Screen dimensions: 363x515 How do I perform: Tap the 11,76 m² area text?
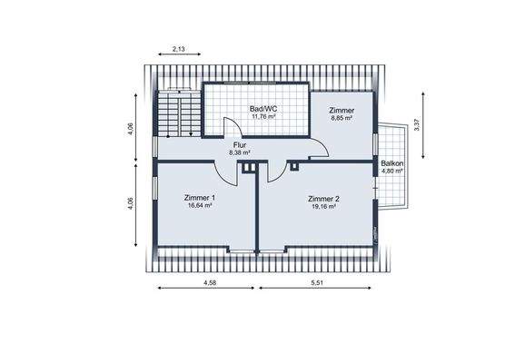(263, 117)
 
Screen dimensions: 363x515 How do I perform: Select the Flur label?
(240, 143)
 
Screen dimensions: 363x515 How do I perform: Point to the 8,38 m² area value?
(240, 152)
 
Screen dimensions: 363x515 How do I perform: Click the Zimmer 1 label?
(199, 198)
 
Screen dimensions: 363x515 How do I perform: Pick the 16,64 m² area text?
(199, 206)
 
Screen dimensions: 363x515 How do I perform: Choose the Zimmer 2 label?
(323, 198)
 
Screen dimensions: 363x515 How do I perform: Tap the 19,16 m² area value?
(323, 207)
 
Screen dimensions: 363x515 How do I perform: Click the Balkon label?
(392, 162)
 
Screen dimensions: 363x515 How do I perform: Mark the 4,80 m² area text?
(392, 171)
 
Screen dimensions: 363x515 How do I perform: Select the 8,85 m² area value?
(342, 118)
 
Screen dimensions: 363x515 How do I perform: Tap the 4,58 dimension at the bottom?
(209, 283)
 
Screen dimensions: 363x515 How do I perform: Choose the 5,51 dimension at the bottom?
(317, 283)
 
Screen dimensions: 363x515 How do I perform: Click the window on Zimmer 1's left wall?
(155, 191)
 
